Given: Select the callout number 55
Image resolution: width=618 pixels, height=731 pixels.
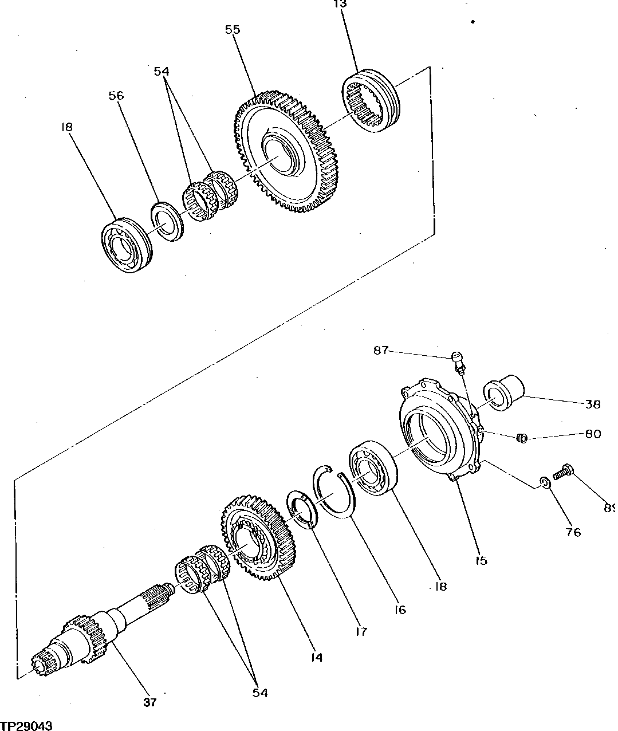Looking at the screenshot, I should (x=233, y=30).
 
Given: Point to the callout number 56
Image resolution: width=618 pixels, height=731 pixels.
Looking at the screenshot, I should (x=116, y=96).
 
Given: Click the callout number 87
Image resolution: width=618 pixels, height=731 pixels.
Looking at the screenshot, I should (x=381, y=350).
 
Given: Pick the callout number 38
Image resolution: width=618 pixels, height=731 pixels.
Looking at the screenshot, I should (x=593, y=404).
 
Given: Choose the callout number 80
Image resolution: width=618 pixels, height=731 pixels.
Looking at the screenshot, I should (x=593, y=434).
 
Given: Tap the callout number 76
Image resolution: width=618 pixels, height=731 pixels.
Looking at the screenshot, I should (x=573, y=532).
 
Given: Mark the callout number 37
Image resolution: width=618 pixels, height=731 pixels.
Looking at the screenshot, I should (x=150, y=702).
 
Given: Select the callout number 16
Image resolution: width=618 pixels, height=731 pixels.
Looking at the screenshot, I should (x=399, y=610).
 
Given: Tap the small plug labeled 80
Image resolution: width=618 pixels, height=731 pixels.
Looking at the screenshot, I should (x=521, y=438).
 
